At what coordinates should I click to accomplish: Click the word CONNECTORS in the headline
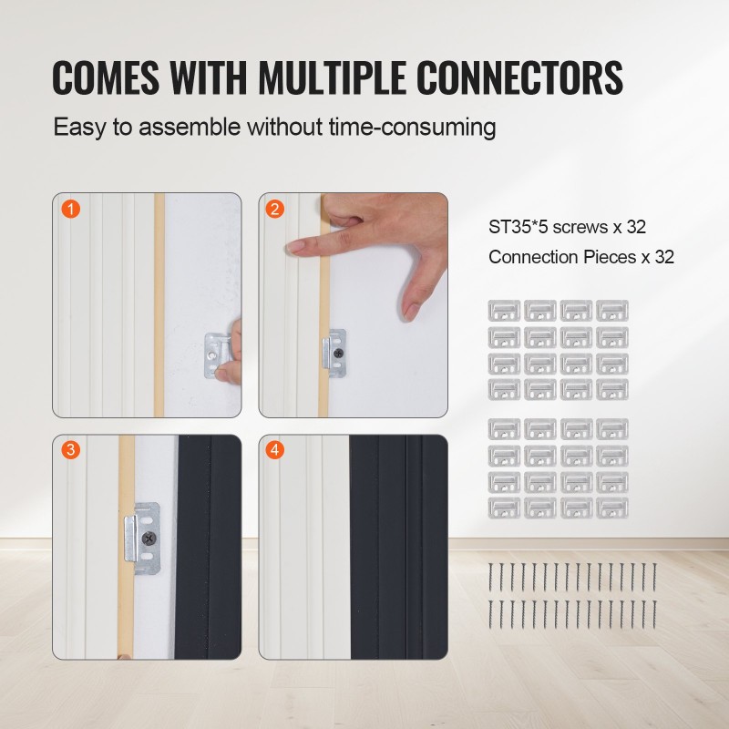pos(519,77)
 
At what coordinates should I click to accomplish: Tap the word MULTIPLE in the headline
pos(333,77)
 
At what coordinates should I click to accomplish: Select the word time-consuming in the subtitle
pos(413,128)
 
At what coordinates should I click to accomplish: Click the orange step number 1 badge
pos(71,210)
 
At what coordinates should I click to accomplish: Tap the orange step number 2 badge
pos(275,210)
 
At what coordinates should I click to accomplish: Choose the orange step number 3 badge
pos(71,449)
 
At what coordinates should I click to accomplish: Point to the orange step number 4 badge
pos(275,449)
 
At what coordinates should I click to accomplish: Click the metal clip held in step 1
pos(217,356)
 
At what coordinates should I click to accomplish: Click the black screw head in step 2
pos(338,353)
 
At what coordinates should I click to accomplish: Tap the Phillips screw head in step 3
pos(149,539)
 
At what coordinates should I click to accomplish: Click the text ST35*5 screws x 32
pos(567,227)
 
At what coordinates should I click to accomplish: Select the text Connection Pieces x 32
pos(581,257)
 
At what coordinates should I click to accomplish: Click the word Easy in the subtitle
pos(79,128)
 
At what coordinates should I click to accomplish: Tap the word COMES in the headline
pos(106,77)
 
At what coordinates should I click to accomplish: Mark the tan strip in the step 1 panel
pos(159,305)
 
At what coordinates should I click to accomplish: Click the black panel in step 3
pos(208,547)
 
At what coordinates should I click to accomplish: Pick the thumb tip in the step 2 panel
pos(411,311)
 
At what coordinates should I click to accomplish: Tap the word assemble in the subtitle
pos(190,127)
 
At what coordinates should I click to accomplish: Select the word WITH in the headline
pos(209,77)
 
